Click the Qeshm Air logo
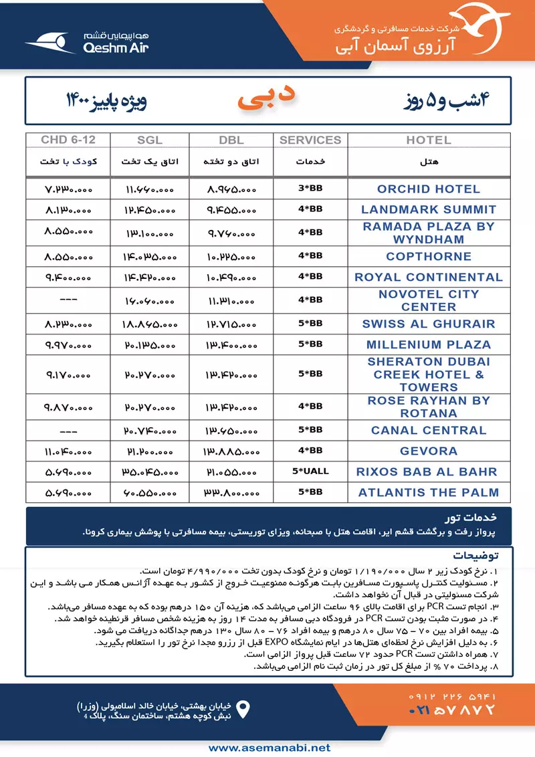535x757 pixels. [87, 41]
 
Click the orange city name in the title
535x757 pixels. [267, 98]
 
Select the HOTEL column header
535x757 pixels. [428, 140]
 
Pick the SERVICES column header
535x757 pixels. [310, 140]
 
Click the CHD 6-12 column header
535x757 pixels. [68, 140]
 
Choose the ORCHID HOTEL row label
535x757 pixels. [428, 189]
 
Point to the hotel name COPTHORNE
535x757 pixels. [428, 256]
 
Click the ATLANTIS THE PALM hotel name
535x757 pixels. [428, 492]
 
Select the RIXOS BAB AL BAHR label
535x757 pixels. [428, 471]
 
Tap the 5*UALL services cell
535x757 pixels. [310, 471]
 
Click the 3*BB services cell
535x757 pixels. [310, 189]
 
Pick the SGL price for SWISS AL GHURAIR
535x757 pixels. [150, 324]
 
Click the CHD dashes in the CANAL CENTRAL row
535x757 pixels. [68, 431]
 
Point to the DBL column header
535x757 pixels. [231, 140]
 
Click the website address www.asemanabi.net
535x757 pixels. [267, 747]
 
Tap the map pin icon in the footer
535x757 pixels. [244, 709]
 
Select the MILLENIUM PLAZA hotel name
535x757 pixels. [428, 345]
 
